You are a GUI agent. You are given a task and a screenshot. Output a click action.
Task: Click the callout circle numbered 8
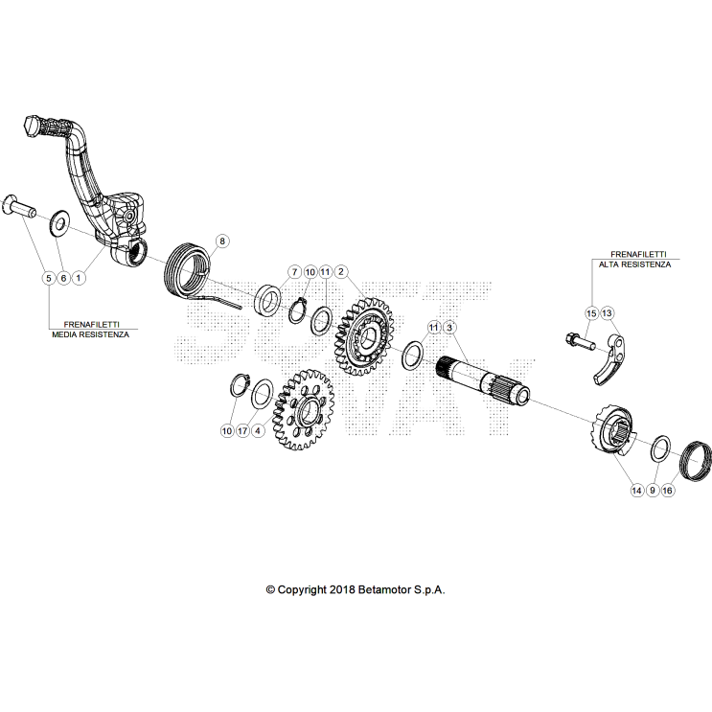tap(222, 241)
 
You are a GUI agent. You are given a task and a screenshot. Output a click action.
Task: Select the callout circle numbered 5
tap(49, 278)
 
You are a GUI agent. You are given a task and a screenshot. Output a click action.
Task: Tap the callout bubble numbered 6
tap(63, 278)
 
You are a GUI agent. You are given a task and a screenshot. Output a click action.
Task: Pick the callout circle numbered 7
tap(295, 272)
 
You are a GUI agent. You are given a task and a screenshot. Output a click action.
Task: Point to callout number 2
tap(340, 272)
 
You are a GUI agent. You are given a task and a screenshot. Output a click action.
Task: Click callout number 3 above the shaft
tap(449, 328)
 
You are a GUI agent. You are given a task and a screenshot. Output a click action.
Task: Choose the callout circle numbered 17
tap(242, 430)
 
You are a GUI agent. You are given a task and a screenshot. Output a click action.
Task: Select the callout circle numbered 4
tap(258, 430)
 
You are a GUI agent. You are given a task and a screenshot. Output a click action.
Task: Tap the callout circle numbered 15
tap(591, 313)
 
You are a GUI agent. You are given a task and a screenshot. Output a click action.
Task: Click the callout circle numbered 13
tap(607, 312)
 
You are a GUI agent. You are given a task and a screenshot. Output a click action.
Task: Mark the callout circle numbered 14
tap(637, 491)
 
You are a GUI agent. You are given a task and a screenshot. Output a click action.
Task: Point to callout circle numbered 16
tap(667, 491)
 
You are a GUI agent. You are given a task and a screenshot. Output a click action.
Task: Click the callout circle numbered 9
tap(652, 491)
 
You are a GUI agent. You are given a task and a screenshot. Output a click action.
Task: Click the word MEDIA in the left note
tap(64, 334)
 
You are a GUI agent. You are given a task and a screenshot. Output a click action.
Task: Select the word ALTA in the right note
tap(609, 264)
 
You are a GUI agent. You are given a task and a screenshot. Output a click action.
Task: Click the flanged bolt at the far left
tap(19, 207)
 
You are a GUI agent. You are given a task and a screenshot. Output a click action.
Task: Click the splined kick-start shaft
tap(483, 379)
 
